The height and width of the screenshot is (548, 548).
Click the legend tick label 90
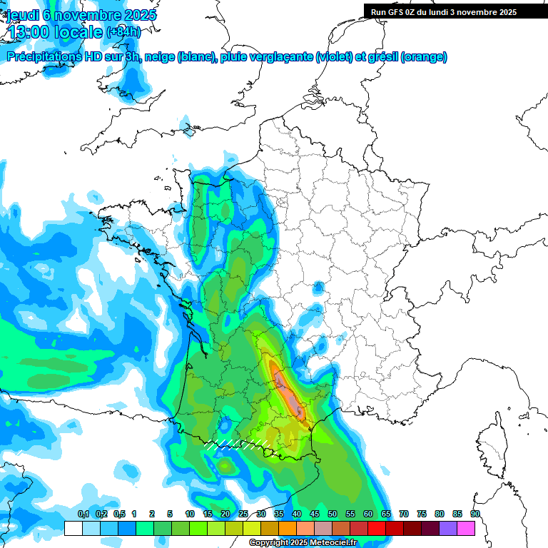pyautogui.click(x=475, y=514)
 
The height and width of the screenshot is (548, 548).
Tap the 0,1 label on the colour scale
pyautogui.click(x=83, y=514)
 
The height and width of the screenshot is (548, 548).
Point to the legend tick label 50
pyautogui.click(x=333, y=514)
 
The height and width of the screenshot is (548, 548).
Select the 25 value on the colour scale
pyautogui.click(x=243, y=514)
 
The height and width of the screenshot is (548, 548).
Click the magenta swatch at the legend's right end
pyautogui.click(x=466, y=528)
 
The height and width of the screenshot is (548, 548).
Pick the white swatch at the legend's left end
pyautogui.click(x=73, y=528)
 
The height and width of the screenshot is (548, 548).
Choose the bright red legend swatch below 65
pyautogui.click(x=377, y=528)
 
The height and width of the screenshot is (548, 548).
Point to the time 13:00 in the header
pyautogui.click(x=35, y=32)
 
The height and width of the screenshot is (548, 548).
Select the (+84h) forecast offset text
pyautogui.click(x=123, y=32)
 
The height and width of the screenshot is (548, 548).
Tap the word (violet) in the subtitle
pyautogui.click(x=334, y=57)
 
